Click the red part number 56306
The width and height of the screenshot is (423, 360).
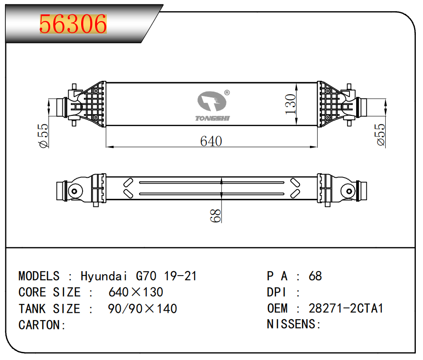[73, 24]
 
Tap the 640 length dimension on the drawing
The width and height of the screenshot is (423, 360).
[211, 141]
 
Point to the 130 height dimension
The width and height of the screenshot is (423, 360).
[291, 104]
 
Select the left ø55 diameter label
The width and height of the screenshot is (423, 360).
[44, 136]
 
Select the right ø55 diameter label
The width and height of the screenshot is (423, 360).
[381, 134]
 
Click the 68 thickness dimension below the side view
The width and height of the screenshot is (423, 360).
[215, 215]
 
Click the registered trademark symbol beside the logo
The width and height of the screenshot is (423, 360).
[227, 93]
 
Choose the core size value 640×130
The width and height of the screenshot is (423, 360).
[136, 292]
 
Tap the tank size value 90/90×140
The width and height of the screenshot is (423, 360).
[143, 309]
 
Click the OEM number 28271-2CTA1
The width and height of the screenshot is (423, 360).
[346, 308]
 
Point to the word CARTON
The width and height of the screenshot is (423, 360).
[39, 325]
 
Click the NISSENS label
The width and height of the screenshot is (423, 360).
[291, 324]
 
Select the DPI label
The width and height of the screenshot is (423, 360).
[276, 292]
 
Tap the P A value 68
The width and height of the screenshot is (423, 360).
[315, 276]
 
